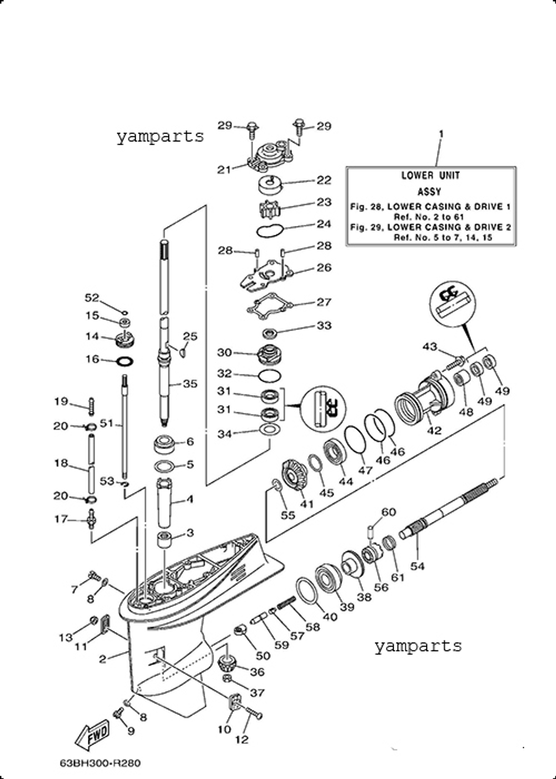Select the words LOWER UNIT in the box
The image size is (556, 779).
point(430,175)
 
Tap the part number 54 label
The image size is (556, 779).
point(417,566)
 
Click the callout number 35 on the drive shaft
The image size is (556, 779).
point(190,383)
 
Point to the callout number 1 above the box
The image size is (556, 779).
point(441,134)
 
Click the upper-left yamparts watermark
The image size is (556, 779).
point(160,136)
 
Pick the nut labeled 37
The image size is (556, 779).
point(227,679)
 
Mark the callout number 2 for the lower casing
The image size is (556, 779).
point(102,659)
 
